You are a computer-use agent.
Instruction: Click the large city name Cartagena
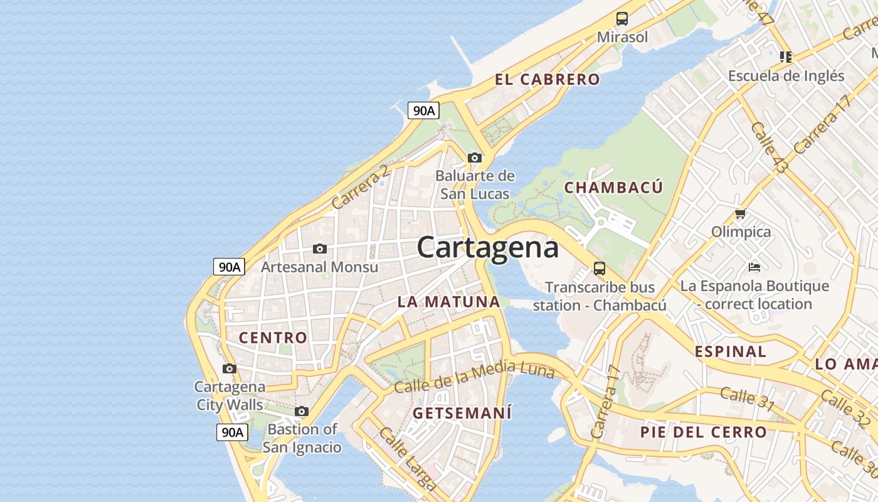point(487,247)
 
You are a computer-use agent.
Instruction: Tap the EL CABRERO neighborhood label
point(547,80)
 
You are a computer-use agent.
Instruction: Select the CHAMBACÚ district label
point(613,188)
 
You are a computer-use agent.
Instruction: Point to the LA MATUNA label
point(448,302)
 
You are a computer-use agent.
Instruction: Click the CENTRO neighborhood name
point(273,338)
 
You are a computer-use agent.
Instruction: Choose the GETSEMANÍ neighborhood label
point(462,413)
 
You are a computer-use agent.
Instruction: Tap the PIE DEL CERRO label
point(703,432)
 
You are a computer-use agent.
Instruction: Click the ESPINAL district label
point(730,351)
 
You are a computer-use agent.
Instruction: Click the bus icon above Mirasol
point(622,19)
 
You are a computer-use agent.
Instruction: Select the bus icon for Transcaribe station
point(600,269)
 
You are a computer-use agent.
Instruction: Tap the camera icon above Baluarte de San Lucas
point(475,158)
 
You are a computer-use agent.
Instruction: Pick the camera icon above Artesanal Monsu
point(320,249)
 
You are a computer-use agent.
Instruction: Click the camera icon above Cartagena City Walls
point(230,368)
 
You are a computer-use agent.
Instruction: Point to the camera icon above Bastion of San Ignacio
point(302,412)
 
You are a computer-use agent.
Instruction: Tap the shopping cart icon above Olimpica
point(741,214)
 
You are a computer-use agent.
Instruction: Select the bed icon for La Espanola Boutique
point(754,267)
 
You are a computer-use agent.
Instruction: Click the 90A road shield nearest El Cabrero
point(423,111)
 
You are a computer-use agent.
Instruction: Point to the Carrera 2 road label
point(360,187)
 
